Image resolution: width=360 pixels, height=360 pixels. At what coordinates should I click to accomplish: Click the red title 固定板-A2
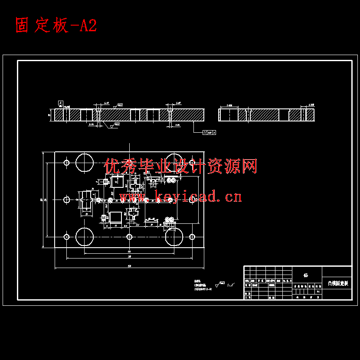[56, 26]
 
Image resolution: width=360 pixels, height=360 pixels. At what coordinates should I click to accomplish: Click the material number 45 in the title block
[306, 275]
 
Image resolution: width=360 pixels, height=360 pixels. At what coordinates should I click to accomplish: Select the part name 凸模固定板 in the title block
[337, 283]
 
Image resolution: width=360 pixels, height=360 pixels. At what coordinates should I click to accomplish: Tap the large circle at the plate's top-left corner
[85, 162]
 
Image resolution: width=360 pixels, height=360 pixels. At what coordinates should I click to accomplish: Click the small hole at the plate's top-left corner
[67, 163]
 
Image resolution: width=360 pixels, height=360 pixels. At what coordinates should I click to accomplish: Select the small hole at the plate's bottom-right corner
[192, 237]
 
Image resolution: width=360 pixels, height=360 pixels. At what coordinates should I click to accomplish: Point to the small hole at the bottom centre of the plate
[129, 237]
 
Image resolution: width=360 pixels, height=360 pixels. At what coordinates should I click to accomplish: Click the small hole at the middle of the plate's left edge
[67, 200]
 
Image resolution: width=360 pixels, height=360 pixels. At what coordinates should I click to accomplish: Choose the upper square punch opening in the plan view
[117, 181]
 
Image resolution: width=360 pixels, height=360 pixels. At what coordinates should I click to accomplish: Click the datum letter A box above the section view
[61, 103]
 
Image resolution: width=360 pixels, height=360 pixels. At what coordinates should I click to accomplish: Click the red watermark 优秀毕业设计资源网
[181, 166]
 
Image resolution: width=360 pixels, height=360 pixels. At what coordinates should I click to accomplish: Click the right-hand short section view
[266, 115]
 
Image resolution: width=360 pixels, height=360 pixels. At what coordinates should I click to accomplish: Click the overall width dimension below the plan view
[129, 266]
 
